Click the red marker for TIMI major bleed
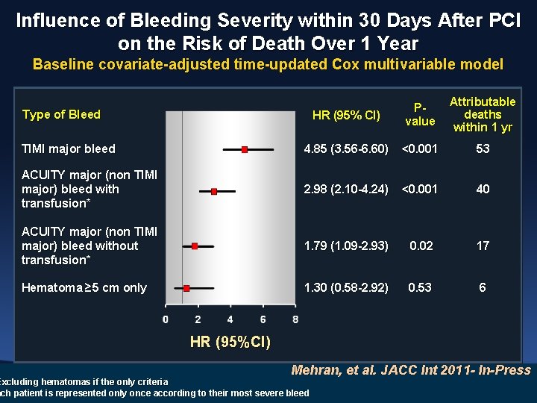pyautogui.click(x=245, y=149)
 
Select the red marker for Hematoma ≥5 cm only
pyautogui.click(x=186, y=288)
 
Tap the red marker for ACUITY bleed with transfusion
pyautogui.click(x=214, y=192)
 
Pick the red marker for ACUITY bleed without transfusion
pyautogui.click(x=195, y=246)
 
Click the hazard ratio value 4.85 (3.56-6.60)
pyautogui.click(x=346, y=149)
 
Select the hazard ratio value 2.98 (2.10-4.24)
pyautogui.click(x=346, y=189)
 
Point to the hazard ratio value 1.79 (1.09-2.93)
pyautogui.click(x=346, y=246)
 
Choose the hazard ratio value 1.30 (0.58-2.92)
pyautogui.click(x=346, y=287)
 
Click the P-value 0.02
pyautogui.click(x=420, y=246)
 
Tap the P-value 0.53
pyautogui.click(x=420, y=287)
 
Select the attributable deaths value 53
pyautogui.click(x=483, y=149)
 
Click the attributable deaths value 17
pyautogui.click(x=483, y=246)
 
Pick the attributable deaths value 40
pyautogui.click(x=483, y=189)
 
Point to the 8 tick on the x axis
pyautogui.click(x=295, y=319)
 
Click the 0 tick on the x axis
pyautogui.click(x=166, y=319)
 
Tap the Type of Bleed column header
pyautogui.click(x=61, y=114)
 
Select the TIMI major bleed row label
pyautogui.click(x=69, y=149)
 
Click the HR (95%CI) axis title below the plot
pyautogui.click(x=230, y=343)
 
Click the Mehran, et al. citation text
pyautogui.click(x=410, y=370)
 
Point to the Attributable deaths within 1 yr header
pyautogui.click(x=483, y=114)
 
